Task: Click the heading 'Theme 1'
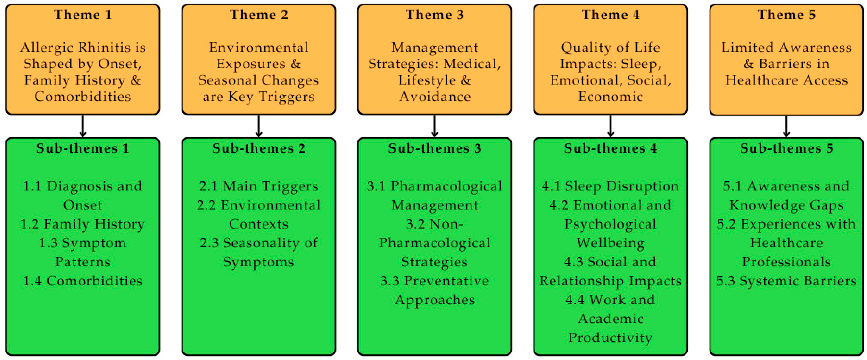[x=83, y=15]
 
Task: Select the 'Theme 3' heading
[x=435, y=15]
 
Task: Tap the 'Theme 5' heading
[x=786, y=15]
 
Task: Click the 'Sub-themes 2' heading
[x=258, y=148]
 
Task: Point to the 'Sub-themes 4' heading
[x=611, y=148]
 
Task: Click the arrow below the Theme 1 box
[x=83, y=126]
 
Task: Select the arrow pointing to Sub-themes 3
[x=435, y=126]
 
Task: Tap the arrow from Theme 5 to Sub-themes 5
[x=786, y=126]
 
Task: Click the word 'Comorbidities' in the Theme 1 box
[x=83, y=97]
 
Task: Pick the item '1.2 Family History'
[x=83, y=224]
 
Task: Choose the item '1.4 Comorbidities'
[x=83, y=281]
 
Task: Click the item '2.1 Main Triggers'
[x=258, y=186]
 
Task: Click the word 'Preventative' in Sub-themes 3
[x=446, y=281]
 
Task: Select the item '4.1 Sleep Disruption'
[x=611, y=186]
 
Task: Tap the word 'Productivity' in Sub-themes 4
[x=611, y=338]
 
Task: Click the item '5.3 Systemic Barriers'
[x=786, y=281]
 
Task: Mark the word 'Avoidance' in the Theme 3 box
[x=435, y=97]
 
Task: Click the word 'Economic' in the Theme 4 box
[x=611, y=97]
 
